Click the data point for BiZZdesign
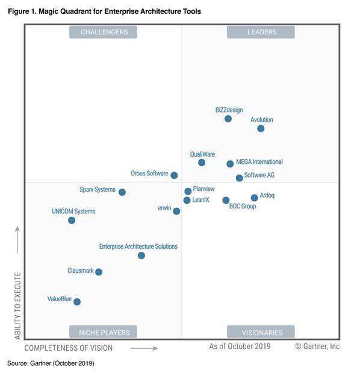[228, 119]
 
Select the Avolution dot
[261, 128]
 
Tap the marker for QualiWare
[202, 163]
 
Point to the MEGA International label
[259, 162]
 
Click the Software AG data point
[239, 178]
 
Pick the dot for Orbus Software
[174, 175]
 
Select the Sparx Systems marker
[122, 192]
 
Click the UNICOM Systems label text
[73, 211]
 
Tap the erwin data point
[176, 211]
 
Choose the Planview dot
[188, 191]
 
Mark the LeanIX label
[201, 200]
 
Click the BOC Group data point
[226, 200]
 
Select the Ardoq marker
[254, 198]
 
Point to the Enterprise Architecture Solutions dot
[141, 255]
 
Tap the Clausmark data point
[99, 272]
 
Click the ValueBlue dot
[77, 301]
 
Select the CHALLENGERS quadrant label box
[103, 32]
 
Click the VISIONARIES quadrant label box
[261, 332]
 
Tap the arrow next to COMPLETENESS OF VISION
[144, 348]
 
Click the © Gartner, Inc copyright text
[317, 346]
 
